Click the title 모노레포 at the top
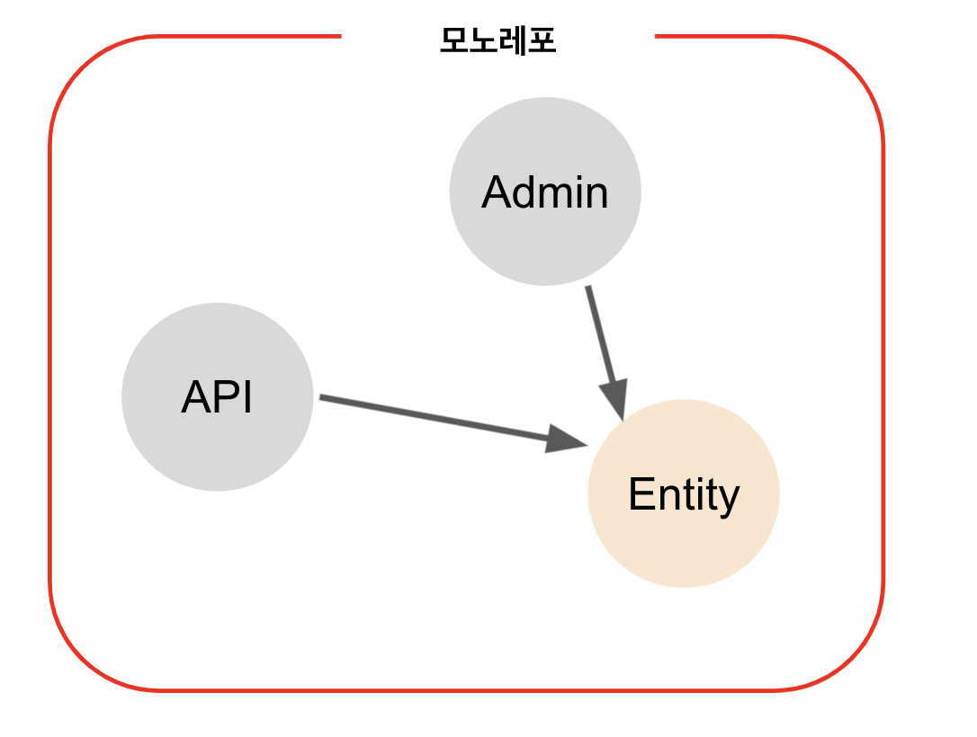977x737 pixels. click(497, 40)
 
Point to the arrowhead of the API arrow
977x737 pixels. click(566, 440)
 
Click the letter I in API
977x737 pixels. click(248, 397)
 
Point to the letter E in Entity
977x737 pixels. click(640, 494)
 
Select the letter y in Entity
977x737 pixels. click(730, 499)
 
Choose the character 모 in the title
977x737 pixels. click(453, 40)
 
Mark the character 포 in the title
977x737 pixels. click(542, 40)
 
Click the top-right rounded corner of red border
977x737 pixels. click(850, 68)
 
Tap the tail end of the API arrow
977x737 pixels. click(322, 396)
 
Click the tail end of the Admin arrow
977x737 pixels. click(587, 289)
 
